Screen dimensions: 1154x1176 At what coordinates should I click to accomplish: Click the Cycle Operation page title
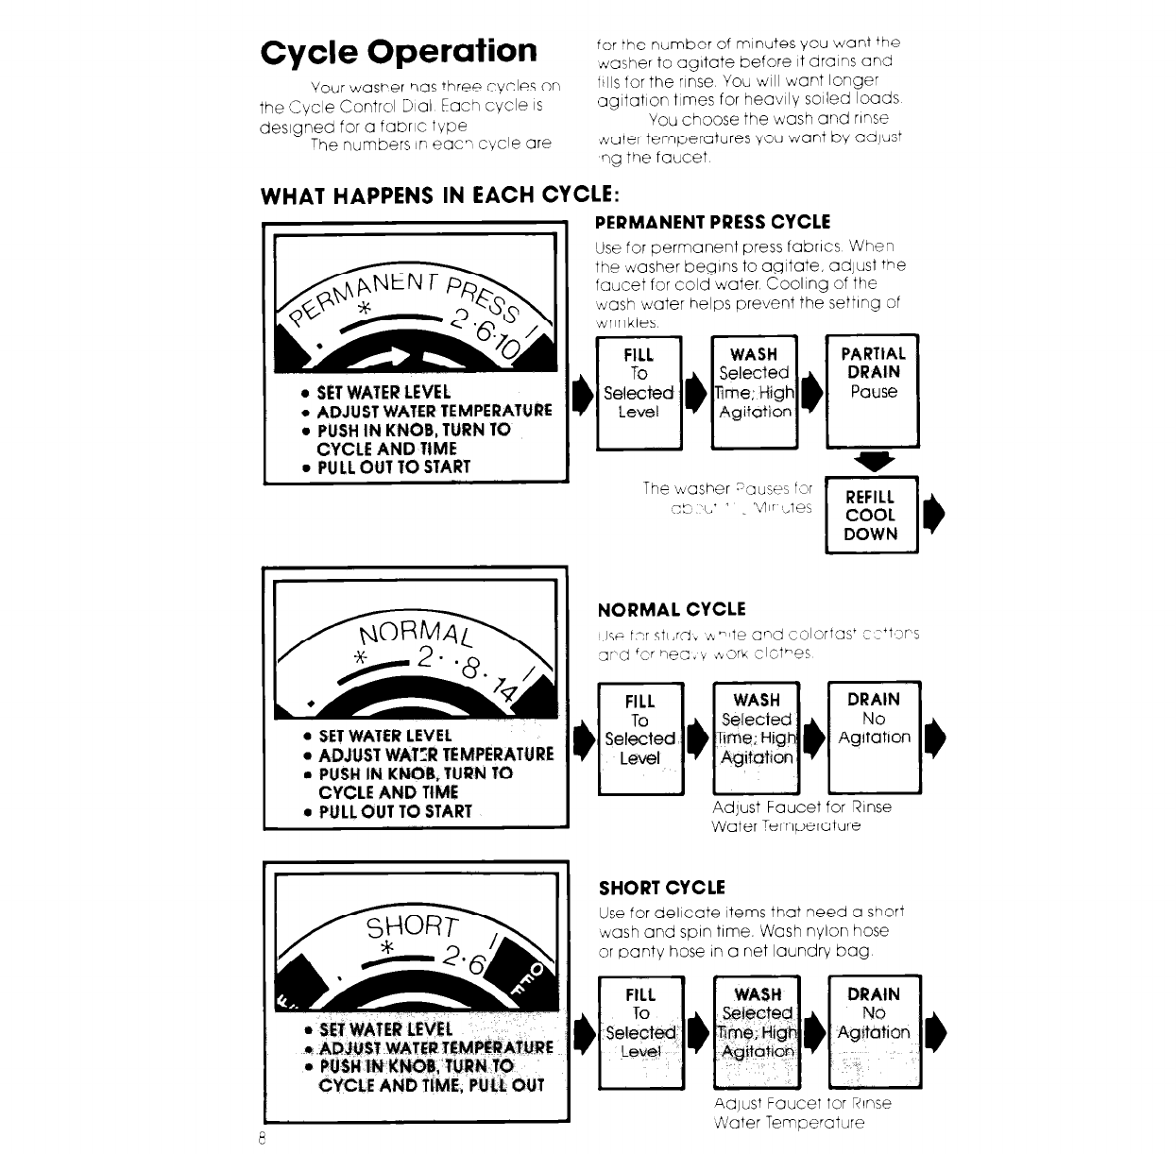click(399, 51)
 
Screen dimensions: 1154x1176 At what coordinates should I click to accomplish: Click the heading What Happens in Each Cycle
click(440, 195)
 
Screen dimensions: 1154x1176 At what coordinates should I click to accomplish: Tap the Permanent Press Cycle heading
click(712, 223)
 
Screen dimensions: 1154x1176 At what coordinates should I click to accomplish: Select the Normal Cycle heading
click(672, 609)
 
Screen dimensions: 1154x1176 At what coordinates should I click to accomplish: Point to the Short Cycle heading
click(662, 888)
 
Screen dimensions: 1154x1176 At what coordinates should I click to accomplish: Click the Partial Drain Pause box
click(873, 390)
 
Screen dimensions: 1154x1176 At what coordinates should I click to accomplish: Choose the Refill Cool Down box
click(871, 516)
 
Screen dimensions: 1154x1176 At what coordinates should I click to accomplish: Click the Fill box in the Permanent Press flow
click(639, 391)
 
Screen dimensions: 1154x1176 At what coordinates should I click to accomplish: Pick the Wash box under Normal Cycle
click(756, 737)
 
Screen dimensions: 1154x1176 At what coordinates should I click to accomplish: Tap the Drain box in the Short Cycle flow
click(874, 1031)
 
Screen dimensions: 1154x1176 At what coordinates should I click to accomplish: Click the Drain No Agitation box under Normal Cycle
click(874, 737)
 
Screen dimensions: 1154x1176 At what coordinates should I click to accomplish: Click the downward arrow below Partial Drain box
click(873, 462)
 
